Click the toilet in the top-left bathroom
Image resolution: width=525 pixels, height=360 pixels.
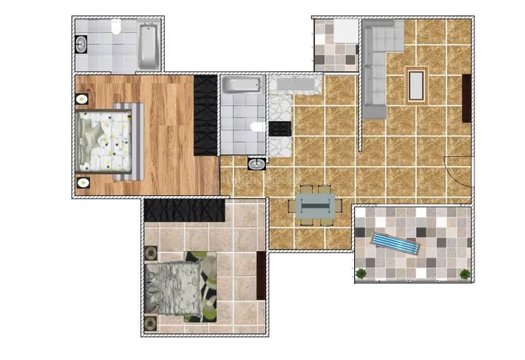pos(114,29)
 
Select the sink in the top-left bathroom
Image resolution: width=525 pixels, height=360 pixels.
pos(81,44)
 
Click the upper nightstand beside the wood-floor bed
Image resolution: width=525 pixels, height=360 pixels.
pos(82,98)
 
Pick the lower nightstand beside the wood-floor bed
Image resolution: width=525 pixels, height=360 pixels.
pos(82,182)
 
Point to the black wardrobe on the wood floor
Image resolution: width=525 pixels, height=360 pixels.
pos(206,115)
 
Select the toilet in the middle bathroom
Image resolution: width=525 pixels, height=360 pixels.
pos(258,127)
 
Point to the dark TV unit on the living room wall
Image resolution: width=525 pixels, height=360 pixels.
pos(467,98)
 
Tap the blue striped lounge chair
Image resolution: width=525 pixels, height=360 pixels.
pos(395,244)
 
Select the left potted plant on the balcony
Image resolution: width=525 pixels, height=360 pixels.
pos(362,273)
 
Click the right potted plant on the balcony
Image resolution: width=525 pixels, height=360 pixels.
pos(464,273)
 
